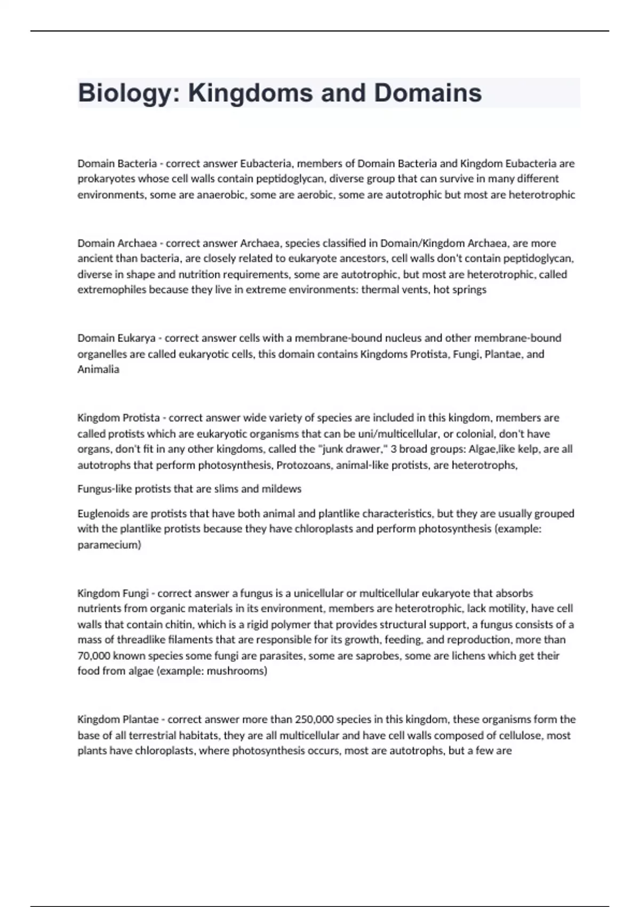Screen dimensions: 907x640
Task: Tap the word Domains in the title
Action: (428, 93)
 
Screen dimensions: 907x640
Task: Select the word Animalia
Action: (98, 369)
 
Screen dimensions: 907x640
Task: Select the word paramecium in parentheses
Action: (109, 545)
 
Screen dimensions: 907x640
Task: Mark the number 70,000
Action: (94, 656)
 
